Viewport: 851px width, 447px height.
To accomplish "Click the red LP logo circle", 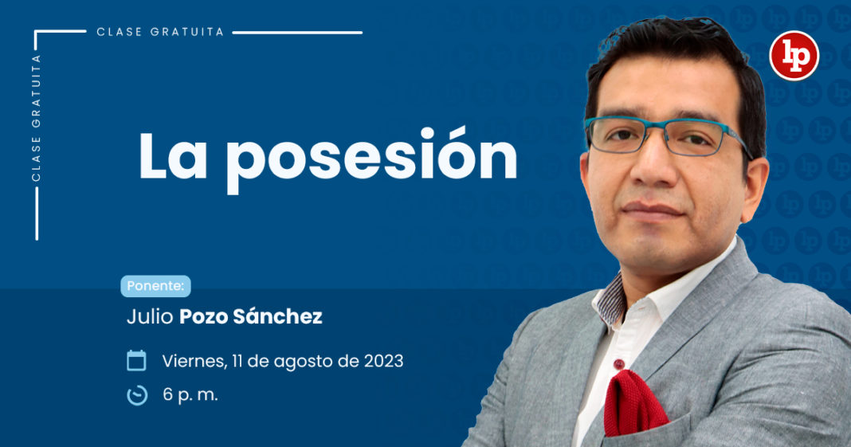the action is point(794,56).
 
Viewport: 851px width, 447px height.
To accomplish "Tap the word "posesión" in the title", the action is point(372,159).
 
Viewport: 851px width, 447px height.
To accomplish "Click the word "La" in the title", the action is point(173,155).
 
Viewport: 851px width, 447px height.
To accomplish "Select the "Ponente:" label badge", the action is point(155,286).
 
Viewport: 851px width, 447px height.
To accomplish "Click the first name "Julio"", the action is point(150,316).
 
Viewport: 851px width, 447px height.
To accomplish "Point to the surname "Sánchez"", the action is point(278,316).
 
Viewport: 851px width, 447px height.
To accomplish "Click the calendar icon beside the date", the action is point(136,361).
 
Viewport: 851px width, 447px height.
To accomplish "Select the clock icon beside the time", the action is point(137,395).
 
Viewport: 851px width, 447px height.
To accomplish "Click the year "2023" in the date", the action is point(384,361).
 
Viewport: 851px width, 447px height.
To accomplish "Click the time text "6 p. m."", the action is point(190,395).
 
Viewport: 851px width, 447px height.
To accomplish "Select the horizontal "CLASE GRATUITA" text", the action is point(160,32).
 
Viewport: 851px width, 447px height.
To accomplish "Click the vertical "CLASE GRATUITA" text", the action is point(37,118).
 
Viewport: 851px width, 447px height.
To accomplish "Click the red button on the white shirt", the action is point(618,364).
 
